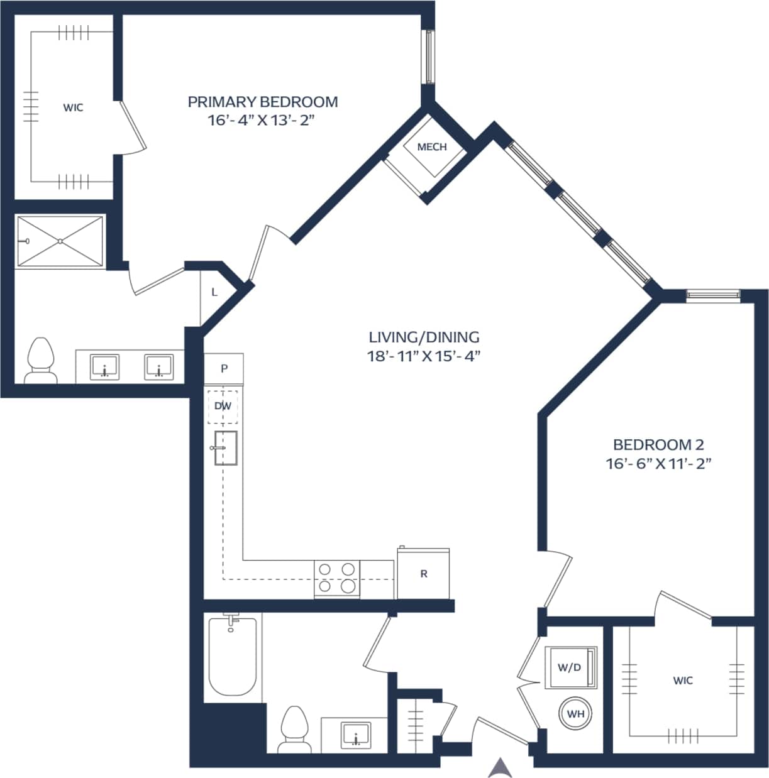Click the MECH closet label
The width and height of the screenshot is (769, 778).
pos(432,147)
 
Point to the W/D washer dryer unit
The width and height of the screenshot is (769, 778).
pos(570,667)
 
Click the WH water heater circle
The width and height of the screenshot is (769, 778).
pos(575,714)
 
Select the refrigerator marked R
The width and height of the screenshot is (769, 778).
pos(423,574)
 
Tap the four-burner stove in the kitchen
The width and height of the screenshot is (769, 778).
pos(336,578)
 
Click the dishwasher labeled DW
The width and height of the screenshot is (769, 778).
pos(223,406)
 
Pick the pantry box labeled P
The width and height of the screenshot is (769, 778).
pos(223,369)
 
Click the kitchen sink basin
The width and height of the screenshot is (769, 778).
pos(226,448)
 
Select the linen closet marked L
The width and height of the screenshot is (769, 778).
pos(214,292)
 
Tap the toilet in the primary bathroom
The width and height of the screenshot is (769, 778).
pos(41,361)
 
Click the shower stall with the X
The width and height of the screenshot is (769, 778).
pos(60,241)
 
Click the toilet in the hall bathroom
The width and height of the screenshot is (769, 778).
pos(294,729)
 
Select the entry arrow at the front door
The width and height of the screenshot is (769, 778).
pos(500,767)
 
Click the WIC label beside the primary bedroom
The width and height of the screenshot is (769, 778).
pos(73,107)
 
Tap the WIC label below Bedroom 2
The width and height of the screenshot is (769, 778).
pos(683,681)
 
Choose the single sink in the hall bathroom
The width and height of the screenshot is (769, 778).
pos(356,734)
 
